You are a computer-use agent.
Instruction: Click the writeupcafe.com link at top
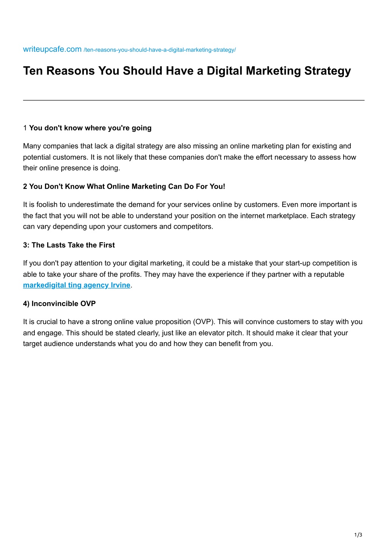click(x=52, y=49)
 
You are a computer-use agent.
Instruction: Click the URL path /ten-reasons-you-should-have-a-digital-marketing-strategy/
click(x=159, y=50)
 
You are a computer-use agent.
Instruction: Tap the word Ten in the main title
click(x=33, y=71)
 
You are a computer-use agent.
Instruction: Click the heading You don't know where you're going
click(x=90, y=128)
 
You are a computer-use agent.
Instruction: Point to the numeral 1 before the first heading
click(x=25, y=128)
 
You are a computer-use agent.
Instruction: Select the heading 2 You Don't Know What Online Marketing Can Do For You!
click(x=124, y=186)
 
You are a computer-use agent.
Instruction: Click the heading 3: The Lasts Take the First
click(x=69, y=245)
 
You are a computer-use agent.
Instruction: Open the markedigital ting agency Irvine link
click(x=77, y=285)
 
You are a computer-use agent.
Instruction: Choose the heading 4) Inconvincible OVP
click(x=59, y=304)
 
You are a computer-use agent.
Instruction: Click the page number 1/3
click(x=358, y=535)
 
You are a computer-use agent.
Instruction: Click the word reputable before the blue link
click(x=329, y=274)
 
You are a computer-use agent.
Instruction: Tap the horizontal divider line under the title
click(x=193, y=100)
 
